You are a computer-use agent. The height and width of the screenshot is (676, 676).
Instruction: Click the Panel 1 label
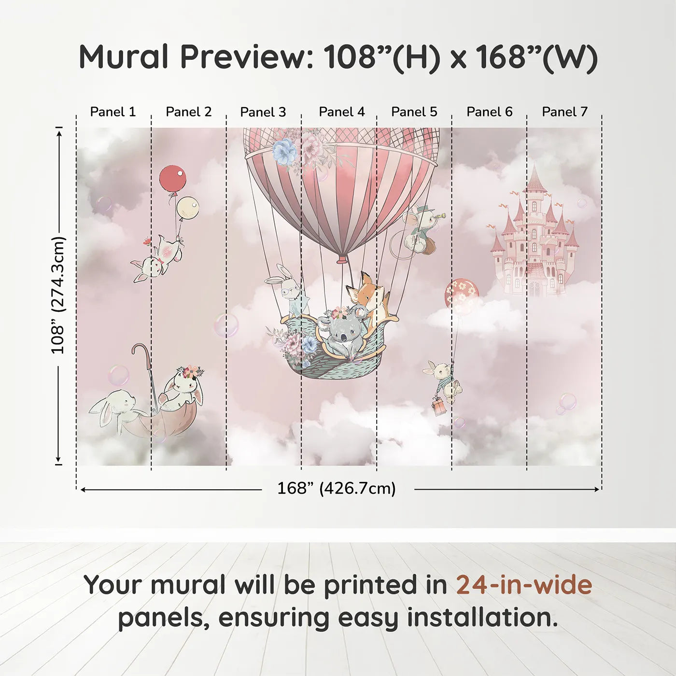(x=113, y=112)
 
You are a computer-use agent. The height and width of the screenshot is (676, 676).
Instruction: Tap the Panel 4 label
(x=342, y=112)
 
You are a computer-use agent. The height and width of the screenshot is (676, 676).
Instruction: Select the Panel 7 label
(x=564, y=112)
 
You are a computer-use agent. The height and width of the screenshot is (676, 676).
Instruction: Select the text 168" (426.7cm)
(x=337, y=489)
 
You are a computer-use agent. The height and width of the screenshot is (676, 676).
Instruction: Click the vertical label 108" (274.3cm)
(x=58, y=295)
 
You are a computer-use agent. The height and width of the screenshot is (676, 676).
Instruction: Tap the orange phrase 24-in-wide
(x=524, y=585)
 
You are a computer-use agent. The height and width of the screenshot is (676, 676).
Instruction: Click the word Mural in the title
(x=124, y=57)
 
